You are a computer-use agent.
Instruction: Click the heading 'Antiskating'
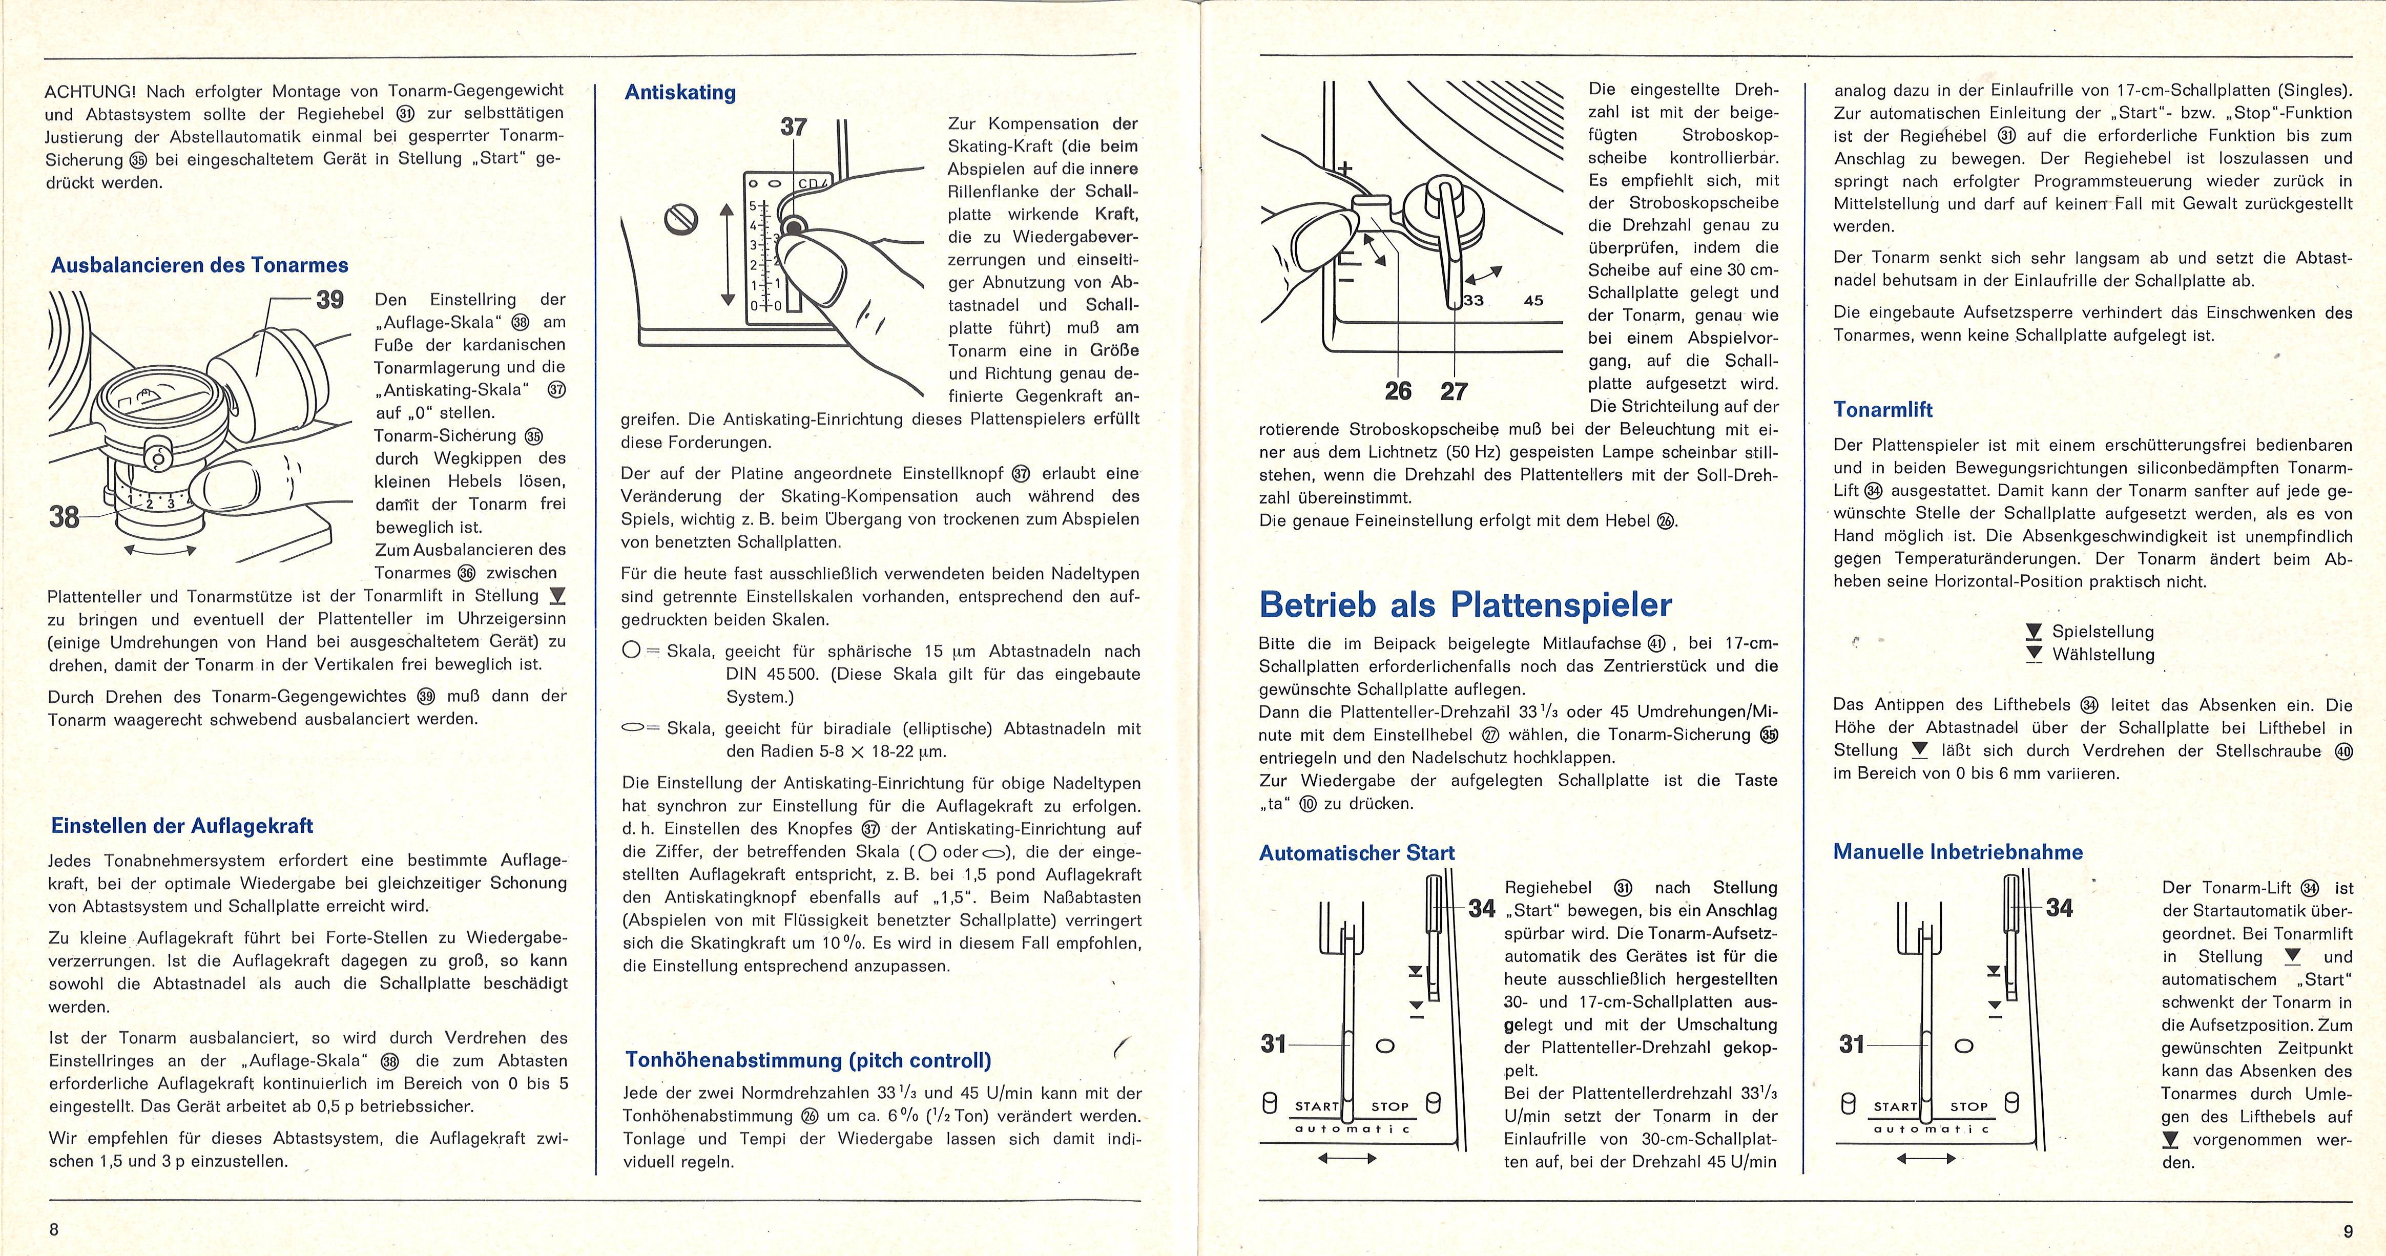coord(680,93)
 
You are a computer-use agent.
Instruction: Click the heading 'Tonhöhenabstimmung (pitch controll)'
coord(807,1060)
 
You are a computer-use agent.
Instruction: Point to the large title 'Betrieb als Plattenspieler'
coord(1465,605)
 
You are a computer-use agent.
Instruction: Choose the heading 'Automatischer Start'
coord(1357,853)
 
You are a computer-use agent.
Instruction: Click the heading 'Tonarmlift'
coord(1883,409)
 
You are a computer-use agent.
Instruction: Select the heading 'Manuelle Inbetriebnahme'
coord(1958,852)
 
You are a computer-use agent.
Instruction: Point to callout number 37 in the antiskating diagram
coord(794,127)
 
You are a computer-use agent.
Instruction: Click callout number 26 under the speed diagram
coord(1398,392)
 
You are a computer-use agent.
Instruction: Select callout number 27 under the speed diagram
coord(1454,392)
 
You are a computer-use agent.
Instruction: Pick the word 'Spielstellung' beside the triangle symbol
coord(2103,632)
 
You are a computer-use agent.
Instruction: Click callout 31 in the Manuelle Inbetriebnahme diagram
coord(1852,1045)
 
